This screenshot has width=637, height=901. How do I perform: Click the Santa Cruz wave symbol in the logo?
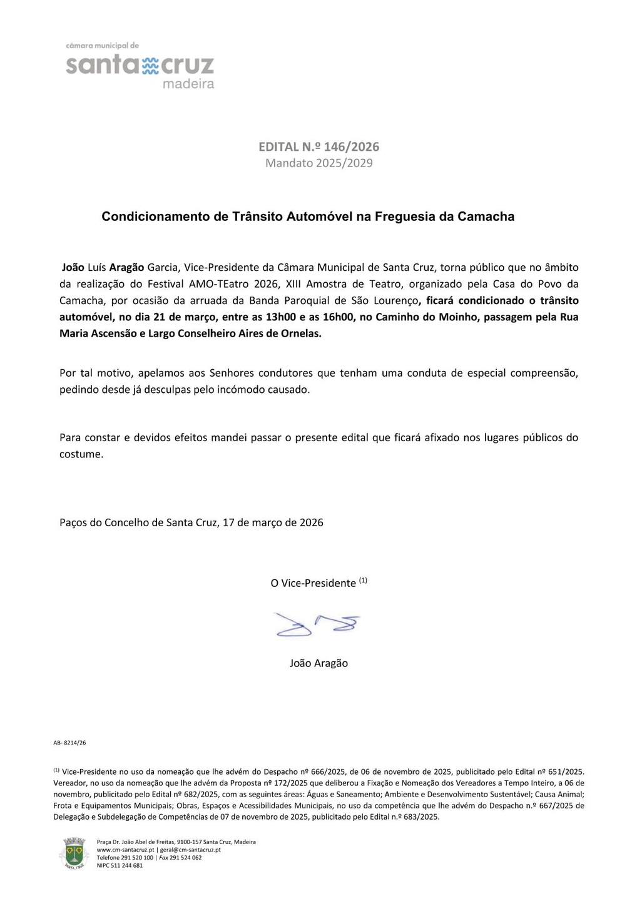point(151,66)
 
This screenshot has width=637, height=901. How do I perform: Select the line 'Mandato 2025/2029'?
point(318,163)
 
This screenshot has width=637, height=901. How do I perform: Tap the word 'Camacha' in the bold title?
point(486,216)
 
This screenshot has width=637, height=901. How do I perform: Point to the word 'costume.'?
point(81,454)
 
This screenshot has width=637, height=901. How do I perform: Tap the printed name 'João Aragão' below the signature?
point(318,663)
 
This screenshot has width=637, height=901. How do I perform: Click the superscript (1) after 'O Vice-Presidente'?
point(363,580)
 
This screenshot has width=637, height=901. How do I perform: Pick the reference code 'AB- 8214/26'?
point(69,743)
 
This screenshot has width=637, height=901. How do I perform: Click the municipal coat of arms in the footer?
point(74,853)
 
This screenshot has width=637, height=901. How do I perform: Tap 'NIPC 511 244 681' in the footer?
point(120,865)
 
